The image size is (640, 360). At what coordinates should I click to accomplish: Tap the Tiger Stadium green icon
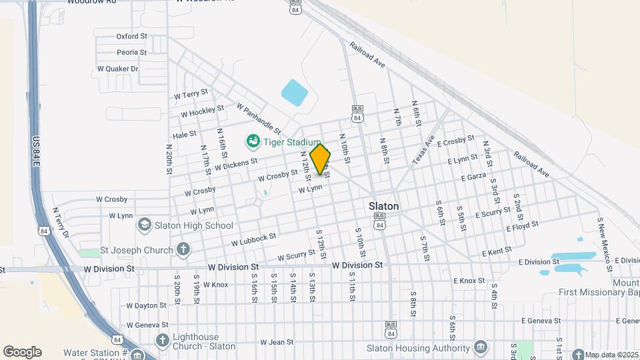point(253,141)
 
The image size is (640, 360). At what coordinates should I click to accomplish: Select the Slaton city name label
point(384,206)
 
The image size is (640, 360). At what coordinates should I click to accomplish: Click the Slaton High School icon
point(144,225)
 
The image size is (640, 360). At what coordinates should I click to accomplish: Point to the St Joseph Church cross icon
point(183,251)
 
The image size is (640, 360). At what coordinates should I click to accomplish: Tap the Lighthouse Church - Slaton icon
point(162,341)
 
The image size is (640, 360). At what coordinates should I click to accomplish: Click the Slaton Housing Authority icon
point(481,347)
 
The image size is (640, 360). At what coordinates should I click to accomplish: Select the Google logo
point(22,352)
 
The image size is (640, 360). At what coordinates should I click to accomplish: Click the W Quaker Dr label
point(117,69)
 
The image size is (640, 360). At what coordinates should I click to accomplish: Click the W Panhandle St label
point(259,117)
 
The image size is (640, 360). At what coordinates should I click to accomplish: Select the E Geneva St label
point(541,321)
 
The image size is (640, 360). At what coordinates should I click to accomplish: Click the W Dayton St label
point(145,305)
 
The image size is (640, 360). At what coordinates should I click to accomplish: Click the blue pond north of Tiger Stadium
point(294,93)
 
